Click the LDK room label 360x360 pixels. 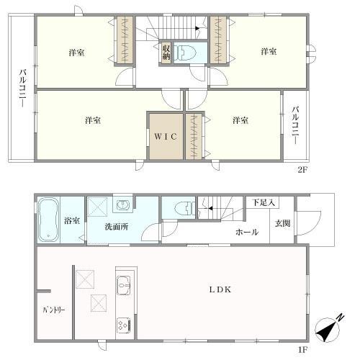pyautogui.click(x=220, y=289)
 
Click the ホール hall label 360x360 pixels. pyautogui.click(x=246, y=232)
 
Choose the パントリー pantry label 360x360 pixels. pyautogui.click(x=53, y=310)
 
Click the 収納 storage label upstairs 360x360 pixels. pyautogui.click(x=166, y=52)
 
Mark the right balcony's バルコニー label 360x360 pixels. pyautogui.click(x=295, y=125)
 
